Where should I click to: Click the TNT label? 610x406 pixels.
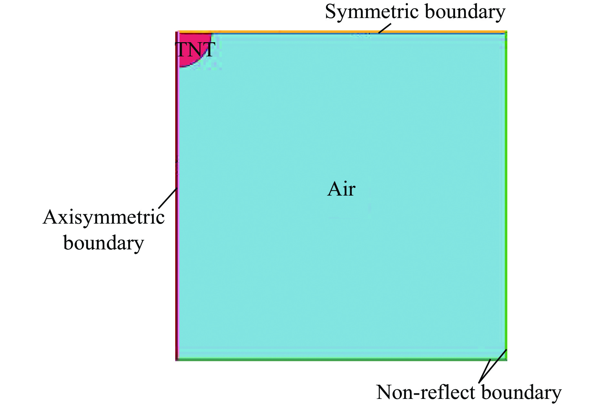tap(195, 50)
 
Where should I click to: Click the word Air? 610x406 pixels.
tap(341, 189)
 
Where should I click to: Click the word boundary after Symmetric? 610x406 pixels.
tap(465, 12)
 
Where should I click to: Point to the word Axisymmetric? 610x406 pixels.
tap(104, 217)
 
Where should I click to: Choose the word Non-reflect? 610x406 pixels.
tap(426, 392)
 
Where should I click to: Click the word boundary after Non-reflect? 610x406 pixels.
tap(521, 392)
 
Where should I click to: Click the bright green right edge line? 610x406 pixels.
tap(506, 193)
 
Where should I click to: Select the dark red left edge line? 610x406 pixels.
tap(177, 258)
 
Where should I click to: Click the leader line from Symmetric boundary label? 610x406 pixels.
tap(385, 28)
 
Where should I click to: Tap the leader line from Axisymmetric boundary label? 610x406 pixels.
tap(168, 198)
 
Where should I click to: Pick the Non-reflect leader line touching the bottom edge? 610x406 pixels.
tap(485, 371)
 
